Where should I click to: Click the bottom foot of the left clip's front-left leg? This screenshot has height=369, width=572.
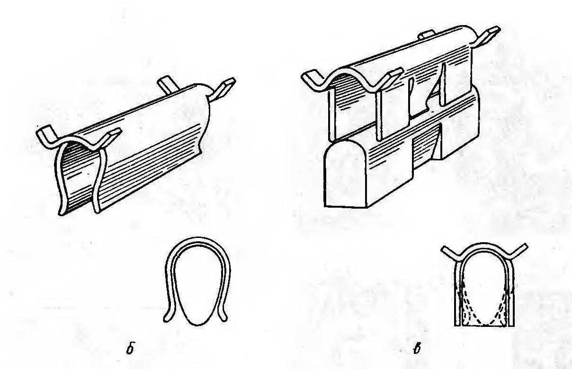click(62, 211)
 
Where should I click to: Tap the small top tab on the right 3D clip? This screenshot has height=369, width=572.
click(426, 35)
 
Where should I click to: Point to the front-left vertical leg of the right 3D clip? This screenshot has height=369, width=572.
click(331, 115)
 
